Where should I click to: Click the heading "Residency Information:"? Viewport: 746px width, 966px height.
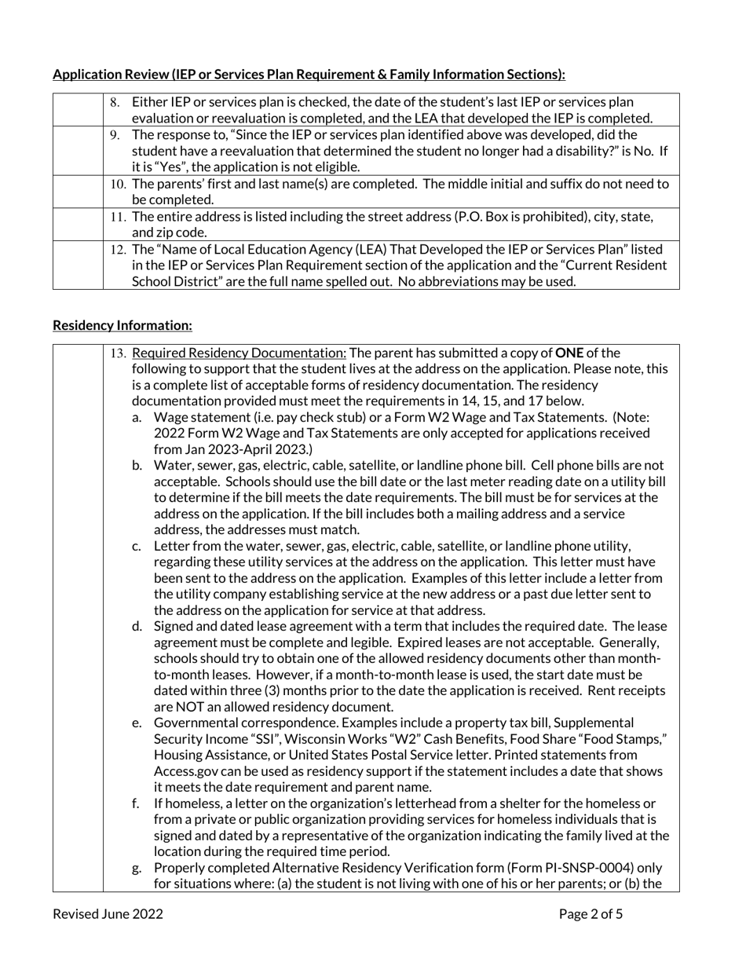coord(122,325)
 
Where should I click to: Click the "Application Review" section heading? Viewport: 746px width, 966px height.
coord(309,75)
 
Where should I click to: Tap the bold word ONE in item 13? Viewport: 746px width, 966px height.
coord(569,353)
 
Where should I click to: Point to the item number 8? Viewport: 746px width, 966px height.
coord(115,103)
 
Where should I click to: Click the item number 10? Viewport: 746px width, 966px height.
coord(118,184)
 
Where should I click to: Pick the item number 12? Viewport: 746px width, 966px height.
coord(118,250)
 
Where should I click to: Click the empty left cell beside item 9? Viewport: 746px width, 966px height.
coord(78,151)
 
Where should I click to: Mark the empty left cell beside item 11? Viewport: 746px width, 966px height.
coord(78,224)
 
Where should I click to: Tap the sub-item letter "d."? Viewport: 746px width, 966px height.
coord(137,627)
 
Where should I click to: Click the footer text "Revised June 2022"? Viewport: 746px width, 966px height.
coord(108,913)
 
